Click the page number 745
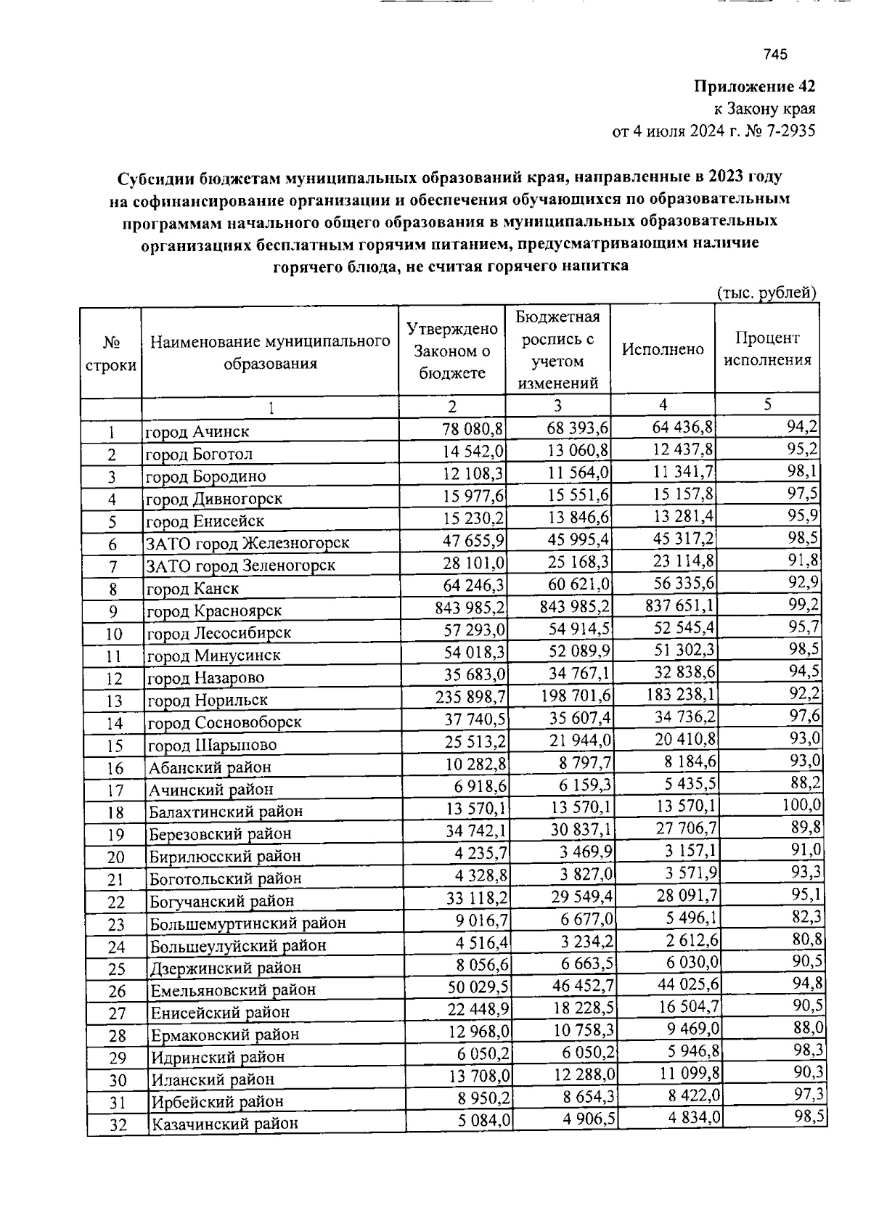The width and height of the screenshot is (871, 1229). (775, 54)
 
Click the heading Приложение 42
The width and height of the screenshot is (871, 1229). (755, 87)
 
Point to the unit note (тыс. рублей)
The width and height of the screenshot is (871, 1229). (766, 293)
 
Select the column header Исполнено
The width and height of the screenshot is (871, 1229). (663, 349)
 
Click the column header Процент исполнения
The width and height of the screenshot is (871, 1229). (767, 349)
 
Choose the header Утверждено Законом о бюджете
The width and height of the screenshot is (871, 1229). (451, 351)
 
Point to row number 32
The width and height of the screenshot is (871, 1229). (117, 1125)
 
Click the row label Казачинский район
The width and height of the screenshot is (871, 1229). (224, 1124)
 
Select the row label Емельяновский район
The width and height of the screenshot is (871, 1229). (233, 990)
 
